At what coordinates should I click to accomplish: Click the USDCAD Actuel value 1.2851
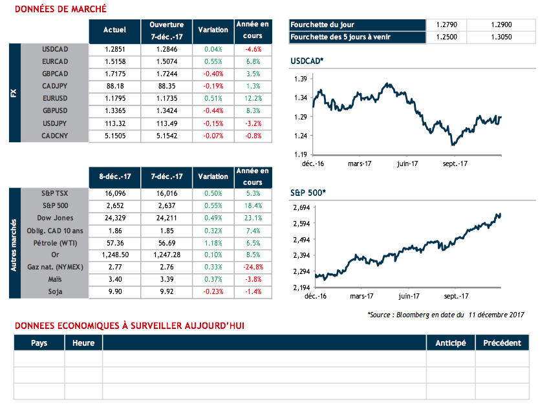click(114, 49)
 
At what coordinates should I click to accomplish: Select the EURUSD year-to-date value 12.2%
click(253, 99)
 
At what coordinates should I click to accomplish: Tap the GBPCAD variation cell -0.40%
click(213, 74)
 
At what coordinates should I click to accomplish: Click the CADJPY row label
click(54, 86)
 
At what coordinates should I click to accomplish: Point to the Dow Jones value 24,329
click(114, 218)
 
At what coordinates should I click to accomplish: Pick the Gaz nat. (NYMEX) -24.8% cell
click(253, 266)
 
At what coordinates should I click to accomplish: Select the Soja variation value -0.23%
click(213, 291)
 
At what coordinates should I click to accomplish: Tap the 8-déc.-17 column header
click(114, 176)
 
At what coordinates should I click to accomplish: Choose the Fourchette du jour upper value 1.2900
click(502, 25)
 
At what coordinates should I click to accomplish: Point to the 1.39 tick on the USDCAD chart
click(299, 79)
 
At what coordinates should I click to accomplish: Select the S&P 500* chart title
click(308, 193)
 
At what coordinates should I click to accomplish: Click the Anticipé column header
click(451, 342)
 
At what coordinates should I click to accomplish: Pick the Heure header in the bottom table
click(83, 342)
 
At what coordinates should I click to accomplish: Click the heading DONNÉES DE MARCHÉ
click(60, 9)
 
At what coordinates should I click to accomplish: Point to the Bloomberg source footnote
click(445, 315)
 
